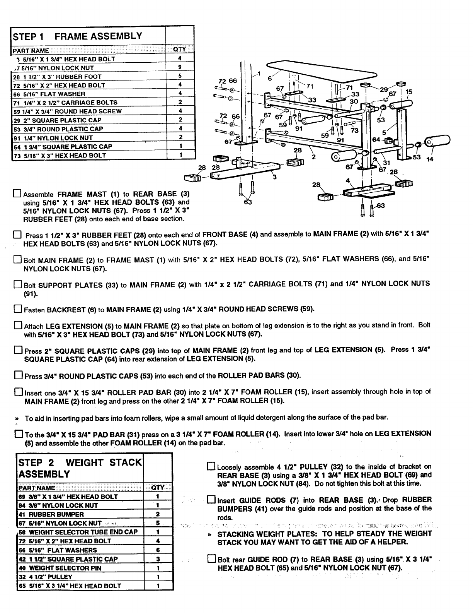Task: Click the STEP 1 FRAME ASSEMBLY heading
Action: tap(77, 36)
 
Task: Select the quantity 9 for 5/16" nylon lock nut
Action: tap(180, 67)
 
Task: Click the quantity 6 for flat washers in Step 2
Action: tap(158, 550)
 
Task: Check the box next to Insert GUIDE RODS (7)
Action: tap(211, 500)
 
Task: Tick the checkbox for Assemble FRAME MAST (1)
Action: tap(17, 193)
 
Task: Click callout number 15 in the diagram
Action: tap(409, 92)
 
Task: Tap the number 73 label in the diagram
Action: tap(354, 130)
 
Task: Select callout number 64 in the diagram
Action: tap(376, 140)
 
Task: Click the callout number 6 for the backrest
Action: tap(269, 78)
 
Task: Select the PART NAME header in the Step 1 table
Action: tap(31, 50)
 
